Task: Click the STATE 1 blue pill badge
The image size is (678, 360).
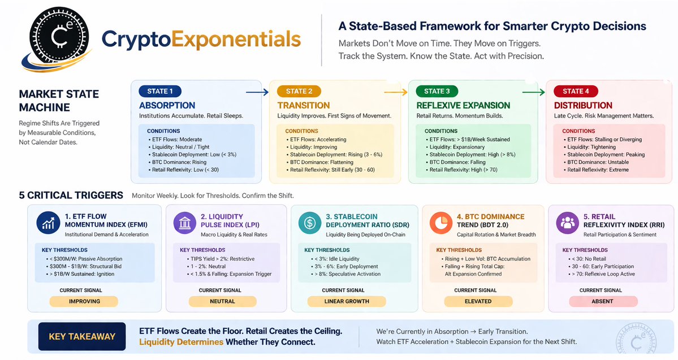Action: click(160, 91)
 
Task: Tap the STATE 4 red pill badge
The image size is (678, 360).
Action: click(576, 91)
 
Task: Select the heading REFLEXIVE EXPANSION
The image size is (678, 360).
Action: click(463, 106)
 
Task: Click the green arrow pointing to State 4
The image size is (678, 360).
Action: click(533, 92)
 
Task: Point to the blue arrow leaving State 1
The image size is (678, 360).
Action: click(257, 92)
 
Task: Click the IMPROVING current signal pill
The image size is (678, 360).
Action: click(84, 301)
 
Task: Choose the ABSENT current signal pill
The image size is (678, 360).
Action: click(603, 301)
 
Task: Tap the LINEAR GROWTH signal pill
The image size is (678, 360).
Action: click(346, 301)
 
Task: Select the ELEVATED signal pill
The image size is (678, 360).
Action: click(478, 301)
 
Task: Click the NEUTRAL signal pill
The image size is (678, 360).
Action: click(222, 301)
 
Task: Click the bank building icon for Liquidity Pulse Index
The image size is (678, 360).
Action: click(185, 223)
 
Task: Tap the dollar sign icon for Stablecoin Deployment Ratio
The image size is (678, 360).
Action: click(310, 223)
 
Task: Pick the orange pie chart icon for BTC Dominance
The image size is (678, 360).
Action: click(441, 223)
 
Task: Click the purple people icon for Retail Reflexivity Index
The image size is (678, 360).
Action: click(567, 223)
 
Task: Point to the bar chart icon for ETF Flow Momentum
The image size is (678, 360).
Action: click(48, 223)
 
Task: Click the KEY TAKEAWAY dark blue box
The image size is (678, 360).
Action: click(82, 336)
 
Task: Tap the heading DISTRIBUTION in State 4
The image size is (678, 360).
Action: click(583, 106)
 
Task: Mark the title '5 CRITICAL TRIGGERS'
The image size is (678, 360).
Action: click(71, 196)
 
